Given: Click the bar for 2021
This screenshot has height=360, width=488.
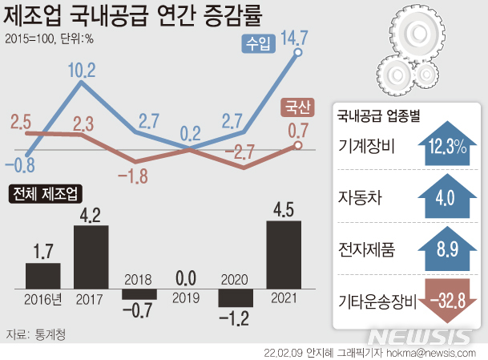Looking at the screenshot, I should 284,254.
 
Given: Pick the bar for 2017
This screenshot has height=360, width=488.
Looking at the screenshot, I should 91,257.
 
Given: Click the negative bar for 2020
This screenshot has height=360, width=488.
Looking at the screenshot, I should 236,297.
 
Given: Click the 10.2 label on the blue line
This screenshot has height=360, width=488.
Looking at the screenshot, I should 81,70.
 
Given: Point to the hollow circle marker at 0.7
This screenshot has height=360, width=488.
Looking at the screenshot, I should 297,145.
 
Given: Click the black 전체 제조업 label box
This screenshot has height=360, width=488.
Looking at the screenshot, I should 46,194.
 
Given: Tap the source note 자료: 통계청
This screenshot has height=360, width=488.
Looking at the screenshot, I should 36,334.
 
